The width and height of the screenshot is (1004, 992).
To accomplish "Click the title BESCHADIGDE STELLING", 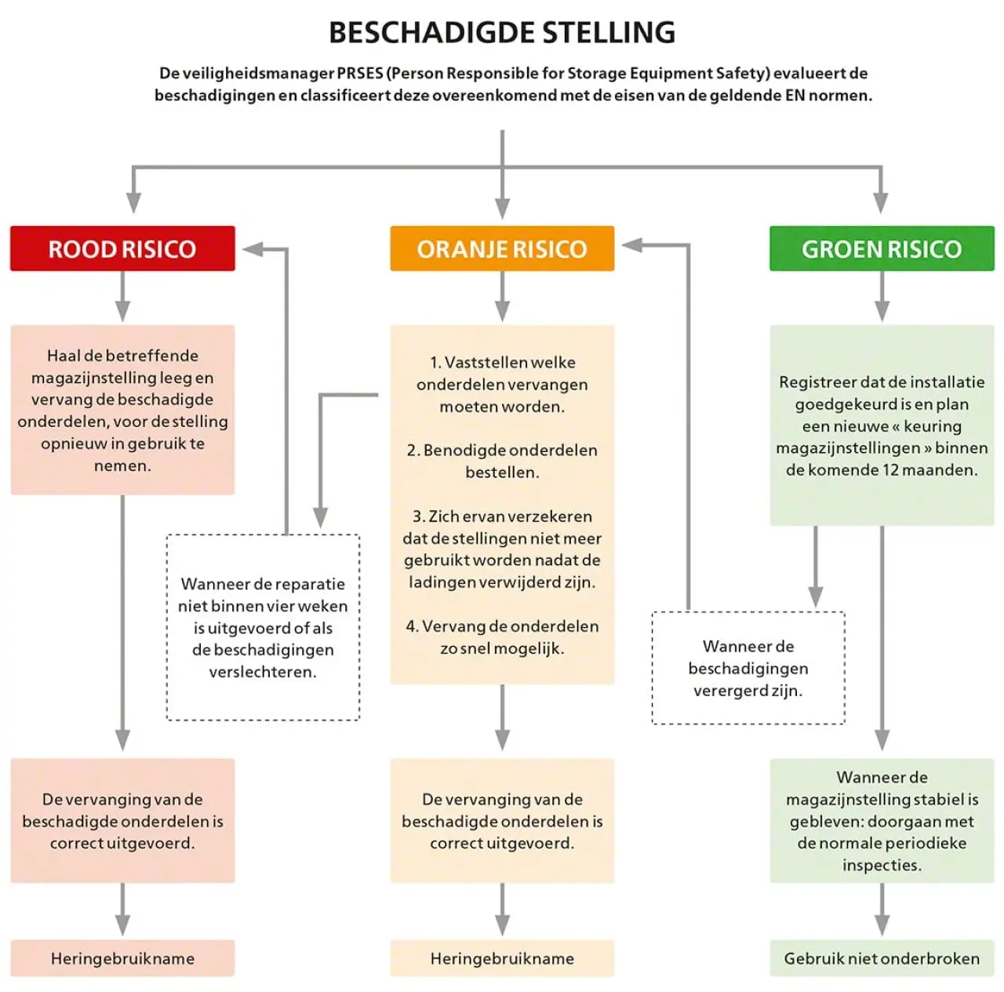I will coord(502,33).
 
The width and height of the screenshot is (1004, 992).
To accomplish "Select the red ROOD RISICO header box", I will coord(122,249).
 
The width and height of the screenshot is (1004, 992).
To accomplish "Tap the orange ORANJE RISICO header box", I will coord(502,249).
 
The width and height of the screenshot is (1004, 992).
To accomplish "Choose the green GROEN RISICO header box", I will coord(882,249).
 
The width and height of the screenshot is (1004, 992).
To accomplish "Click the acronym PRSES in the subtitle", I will coord(359,74).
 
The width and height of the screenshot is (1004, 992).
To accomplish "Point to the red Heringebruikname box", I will coord(122,958).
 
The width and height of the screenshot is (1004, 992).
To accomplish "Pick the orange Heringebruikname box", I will coord(502,958).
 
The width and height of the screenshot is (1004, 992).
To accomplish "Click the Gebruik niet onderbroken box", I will coord(882,958).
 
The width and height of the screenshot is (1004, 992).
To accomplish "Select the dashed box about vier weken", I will coord(263,627).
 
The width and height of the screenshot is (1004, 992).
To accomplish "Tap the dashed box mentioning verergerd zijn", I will coord(748,668).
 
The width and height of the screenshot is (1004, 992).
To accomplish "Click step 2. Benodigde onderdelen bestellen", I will coord(502,461).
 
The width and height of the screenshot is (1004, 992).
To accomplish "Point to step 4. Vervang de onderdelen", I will coord(502,636).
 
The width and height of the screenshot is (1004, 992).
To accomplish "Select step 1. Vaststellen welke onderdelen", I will coord(502,384).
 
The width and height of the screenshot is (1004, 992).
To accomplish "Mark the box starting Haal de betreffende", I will coord(122,410).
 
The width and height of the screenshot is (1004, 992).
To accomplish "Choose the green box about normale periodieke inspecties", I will coord(882,820).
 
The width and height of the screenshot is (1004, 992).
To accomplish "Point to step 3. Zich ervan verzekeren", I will coord(502,549).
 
